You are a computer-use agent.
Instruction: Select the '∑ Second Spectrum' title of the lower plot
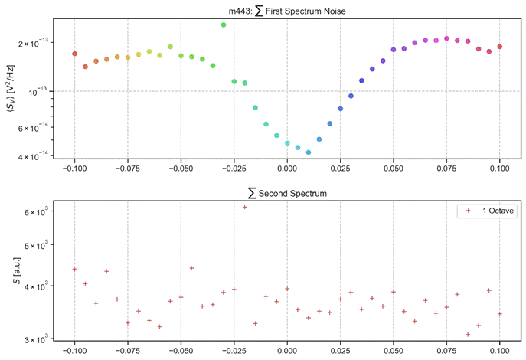coord(287,194)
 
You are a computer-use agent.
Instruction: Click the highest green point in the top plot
coord(224,25)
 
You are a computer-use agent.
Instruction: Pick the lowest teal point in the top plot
coord(309,152)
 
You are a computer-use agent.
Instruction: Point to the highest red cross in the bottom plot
coord(245,207)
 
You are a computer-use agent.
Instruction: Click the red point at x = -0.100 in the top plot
coord(74,54)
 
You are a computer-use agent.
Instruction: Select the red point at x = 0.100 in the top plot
coord(500,47)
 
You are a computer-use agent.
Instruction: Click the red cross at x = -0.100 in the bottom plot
coord(74,269)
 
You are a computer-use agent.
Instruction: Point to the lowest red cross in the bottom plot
coord(468,335)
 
